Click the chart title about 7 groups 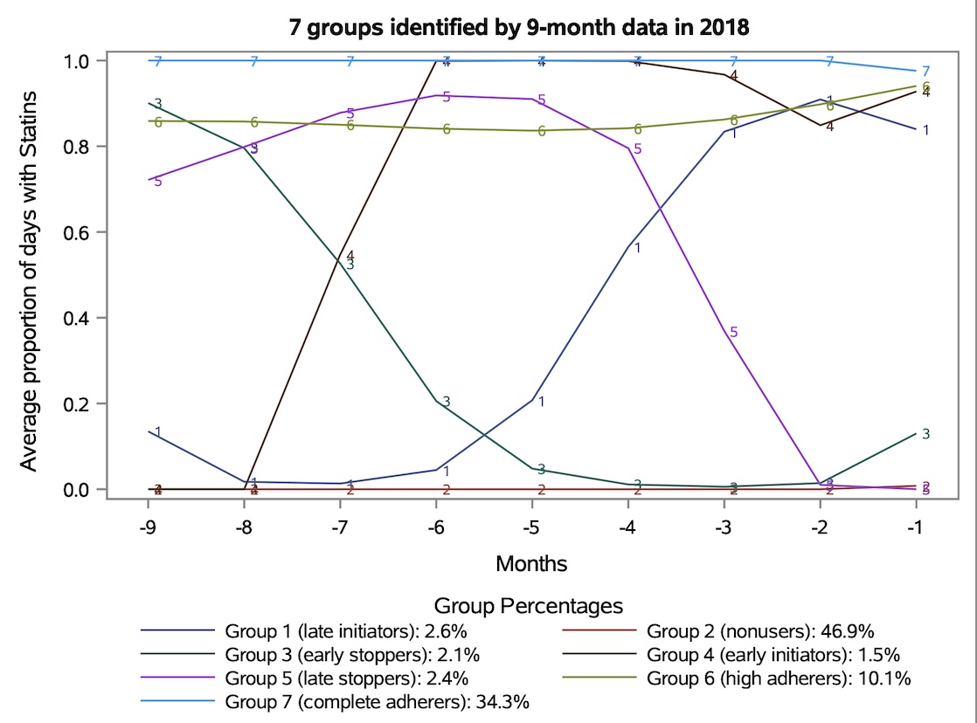click(x=519, y=26)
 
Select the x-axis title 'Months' click(x=530, y=563)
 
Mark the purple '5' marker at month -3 click(x=734, y=332)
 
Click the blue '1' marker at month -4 click(x=638, y=248)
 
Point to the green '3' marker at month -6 click(x=446, y=402)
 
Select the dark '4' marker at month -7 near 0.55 click(x=350, y=256)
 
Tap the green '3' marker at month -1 click(x=925, y=434)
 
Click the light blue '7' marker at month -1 click(x=925, y=72)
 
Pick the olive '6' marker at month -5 click(x=542, y=131)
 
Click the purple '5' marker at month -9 click(x=157, y=182)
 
